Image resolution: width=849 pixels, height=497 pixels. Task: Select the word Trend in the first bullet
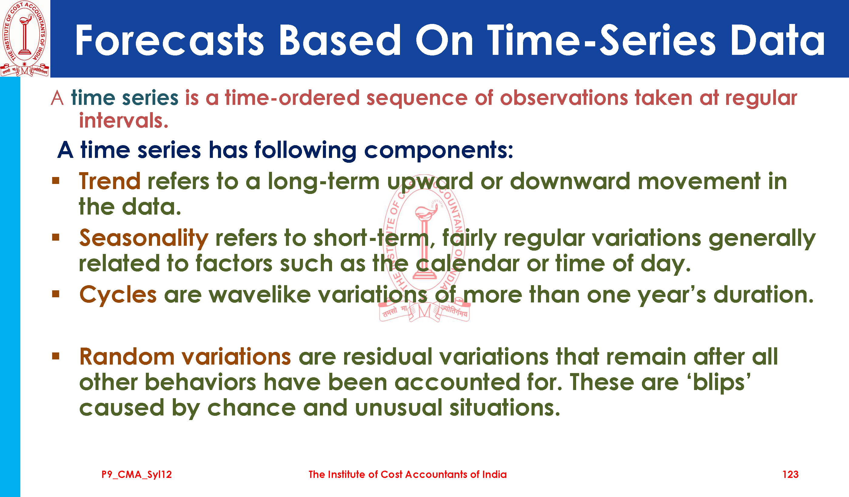pyautogui.click(x=110, y=182)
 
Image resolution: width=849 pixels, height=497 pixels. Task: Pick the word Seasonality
pyautogui.click(x=144, y=238)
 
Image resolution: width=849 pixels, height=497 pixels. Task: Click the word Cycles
pyautogui.click(x=118, y=295)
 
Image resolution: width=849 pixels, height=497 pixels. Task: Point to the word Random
pyautogui.click(x=127, y=357)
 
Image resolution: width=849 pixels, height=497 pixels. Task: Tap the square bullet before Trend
pyautogui.click(x=55, y=181)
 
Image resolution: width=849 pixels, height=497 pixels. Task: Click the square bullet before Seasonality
pyautogui.click(x=55, y=238)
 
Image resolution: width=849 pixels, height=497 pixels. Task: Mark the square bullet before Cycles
pyautogui.click(x=55, y=294)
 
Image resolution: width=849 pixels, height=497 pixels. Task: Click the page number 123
pyautogui.click(x=790, y=475)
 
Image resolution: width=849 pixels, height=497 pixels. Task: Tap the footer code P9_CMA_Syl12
pyautogui.click(x=137, y=475)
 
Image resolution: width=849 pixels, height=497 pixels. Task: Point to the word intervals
pyautogui.click(x=124, y=121)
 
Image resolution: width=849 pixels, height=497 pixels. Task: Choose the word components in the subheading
pyautogui.click(x=439, y=151)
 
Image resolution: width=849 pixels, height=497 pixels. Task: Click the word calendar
pyautogui.click(x=468, y=263)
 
